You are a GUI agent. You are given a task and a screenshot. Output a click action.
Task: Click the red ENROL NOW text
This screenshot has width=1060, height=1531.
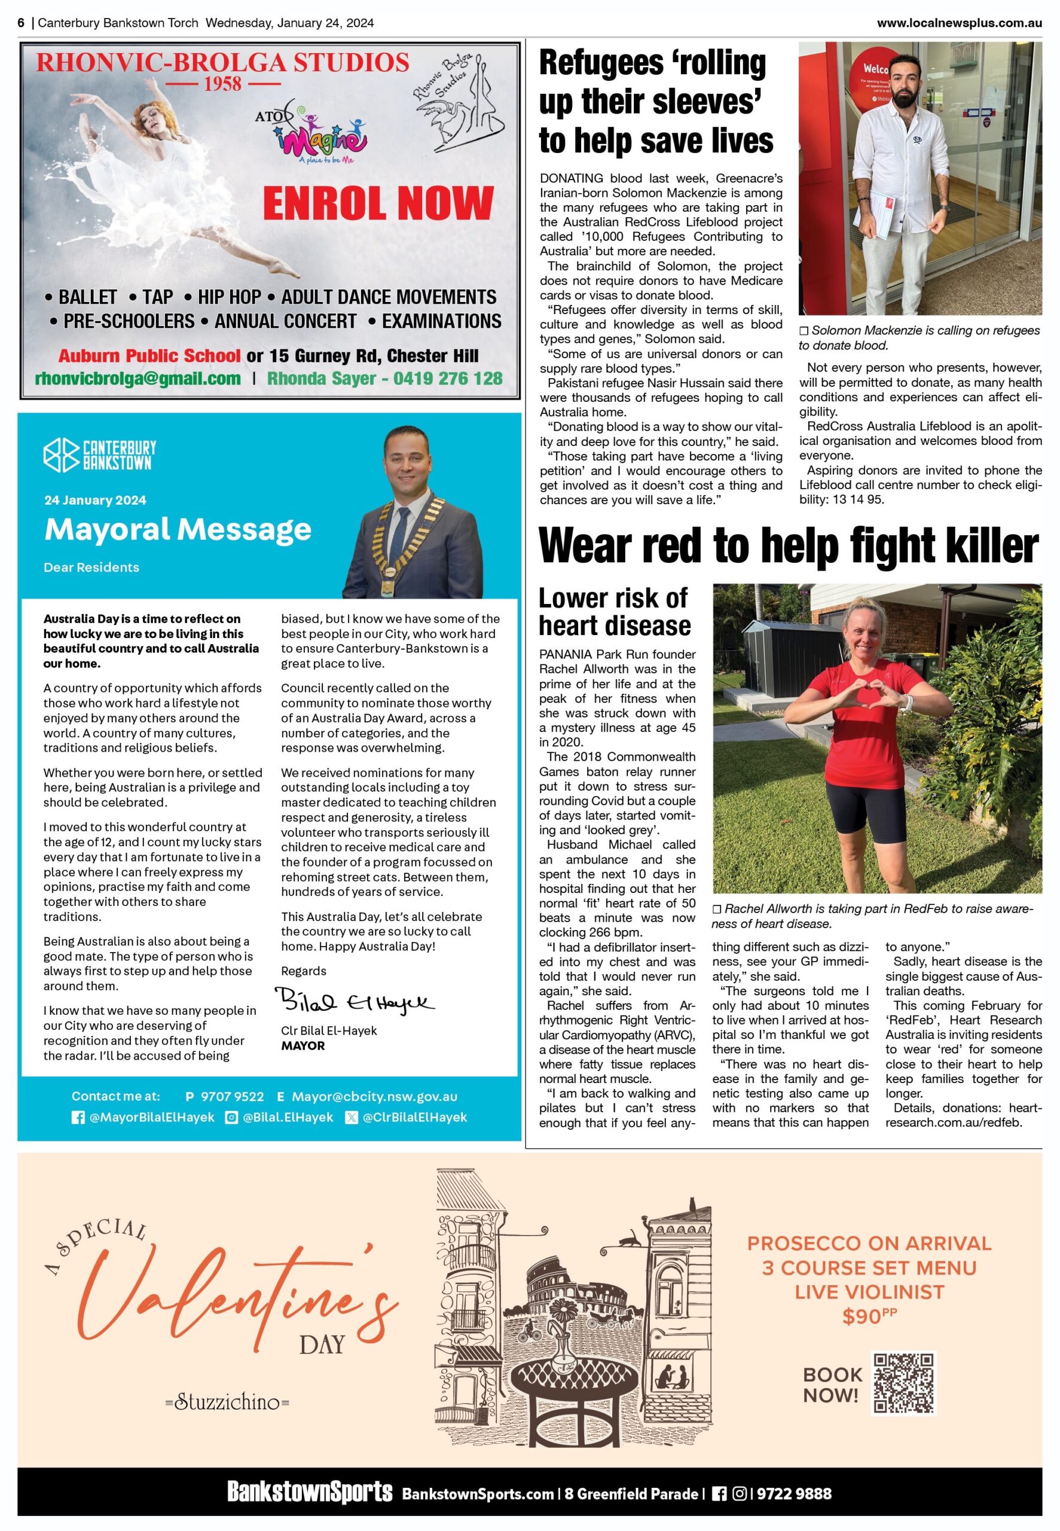coord(377,203)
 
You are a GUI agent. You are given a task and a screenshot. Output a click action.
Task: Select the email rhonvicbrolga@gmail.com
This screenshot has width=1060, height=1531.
coord(138,379)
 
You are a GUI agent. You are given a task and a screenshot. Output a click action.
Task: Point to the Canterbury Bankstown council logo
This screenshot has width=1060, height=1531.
coord(100,455)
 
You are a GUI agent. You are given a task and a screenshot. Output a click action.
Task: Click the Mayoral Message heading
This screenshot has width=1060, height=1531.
coord(178,529)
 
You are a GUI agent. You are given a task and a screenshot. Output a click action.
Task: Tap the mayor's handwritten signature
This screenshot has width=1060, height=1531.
coord(355,1001)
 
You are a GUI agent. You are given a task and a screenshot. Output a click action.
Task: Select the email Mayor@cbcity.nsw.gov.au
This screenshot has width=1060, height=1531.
coord(375,1097)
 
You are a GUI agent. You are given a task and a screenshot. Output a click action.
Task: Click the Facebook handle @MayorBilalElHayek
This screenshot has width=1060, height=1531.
coord(151,1117)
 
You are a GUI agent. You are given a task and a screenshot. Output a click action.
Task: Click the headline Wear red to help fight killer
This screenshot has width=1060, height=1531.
coord(789,546)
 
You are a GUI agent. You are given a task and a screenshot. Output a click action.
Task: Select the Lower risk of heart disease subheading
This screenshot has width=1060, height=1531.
coord(615,612)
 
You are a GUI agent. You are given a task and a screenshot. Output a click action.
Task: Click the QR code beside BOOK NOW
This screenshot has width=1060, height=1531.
coord(903,1383)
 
